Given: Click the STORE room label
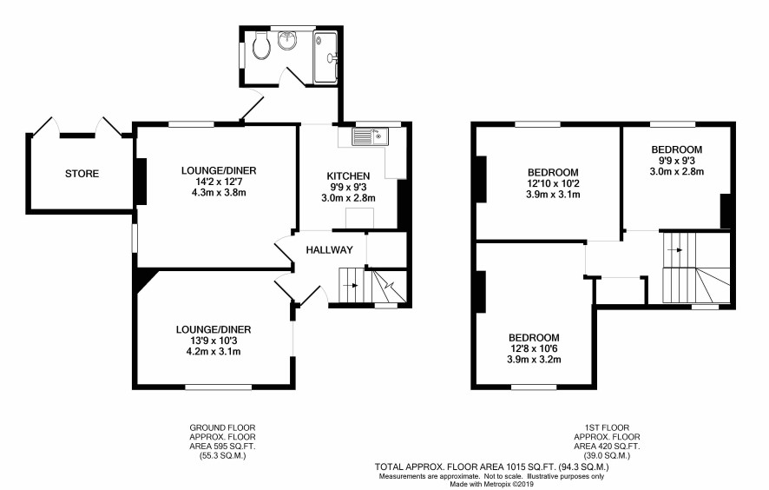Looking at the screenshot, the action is (x=82, y=173).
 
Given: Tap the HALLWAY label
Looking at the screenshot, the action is (x=330, y=250).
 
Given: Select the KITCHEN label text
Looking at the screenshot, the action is (x=348, y=175).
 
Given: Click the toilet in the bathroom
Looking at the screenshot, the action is (x=262, y=45).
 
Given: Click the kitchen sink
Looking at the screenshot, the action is (x=370, y=136).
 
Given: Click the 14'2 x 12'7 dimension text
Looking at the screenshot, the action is (x=219, y=182).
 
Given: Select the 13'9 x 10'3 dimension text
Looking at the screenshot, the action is (x=214, y=341).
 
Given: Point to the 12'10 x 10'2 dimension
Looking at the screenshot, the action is (x=553, y=183).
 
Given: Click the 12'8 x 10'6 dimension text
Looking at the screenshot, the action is (x=534, y=348).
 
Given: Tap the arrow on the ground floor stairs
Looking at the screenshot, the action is (x=352, y=285).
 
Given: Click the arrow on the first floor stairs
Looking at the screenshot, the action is (x=676, y=250).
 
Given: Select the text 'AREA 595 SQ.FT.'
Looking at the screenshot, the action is (x=223, y=447).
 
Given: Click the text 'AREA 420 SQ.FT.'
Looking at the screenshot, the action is (x=608, y=447).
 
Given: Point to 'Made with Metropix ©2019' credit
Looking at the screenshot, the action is (x=491, y=485).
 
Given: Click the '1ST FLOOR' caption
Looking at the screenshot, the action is (x=608, y=427).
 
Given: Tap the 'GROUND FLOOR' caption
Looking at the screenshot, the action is (x=223, y=427).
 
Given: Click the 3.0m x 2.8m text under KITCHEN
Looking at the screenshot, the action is (x=348, y=198).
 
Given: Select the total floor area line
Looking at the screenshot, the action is (x=492, y=467).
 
